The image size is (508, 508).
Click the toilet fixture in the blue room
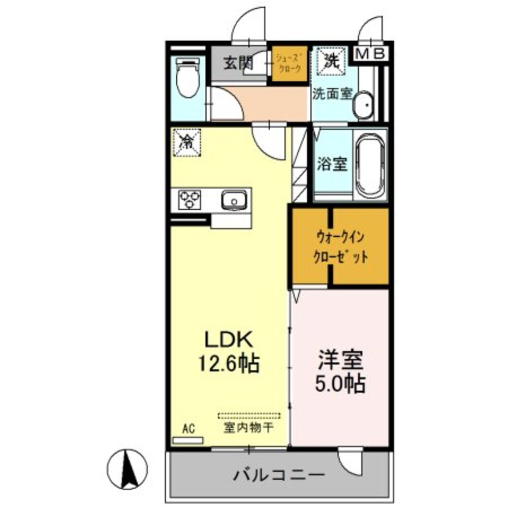coord(187,79)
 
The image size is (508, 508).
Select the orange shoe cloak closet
coord(290,65)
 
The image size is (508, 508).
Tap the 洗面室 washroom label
coord(332,94)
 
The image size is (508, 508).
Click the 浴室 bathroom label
coord(332,164)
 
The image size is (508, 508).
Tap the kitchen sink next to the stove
coord(234,200)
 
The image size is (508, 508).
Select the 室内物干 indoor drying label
coord(249,428)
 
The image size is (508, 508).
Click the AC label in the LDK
coord(188,428)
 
